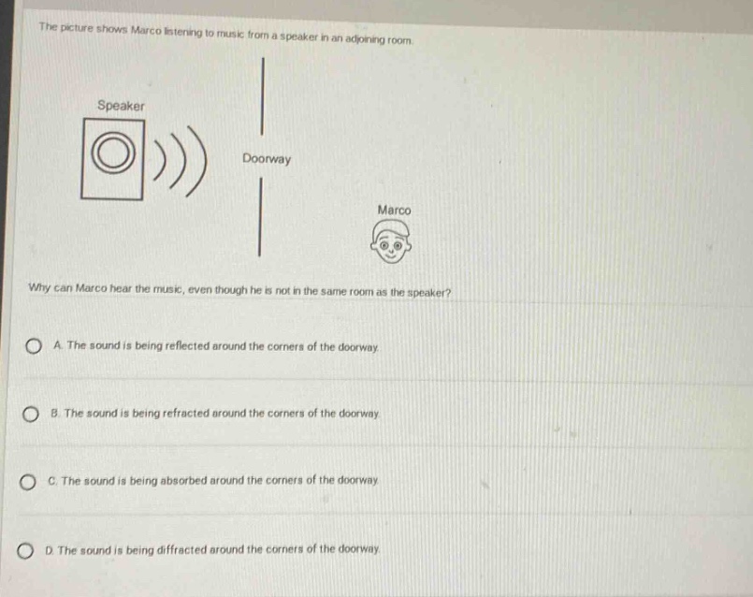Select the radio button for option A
[x=33, y=346]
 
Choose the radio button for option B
[x=31, y=414]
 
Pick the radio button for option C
[x=28, y=482]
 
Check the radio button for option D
[x=25, y=551]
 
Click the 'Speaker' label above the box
[x=121, y=106]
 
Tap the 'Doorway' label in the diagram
[x=267, y=159]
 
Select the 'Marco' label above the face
[x=394, y=211]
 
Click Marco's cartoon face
[x=391, y=241]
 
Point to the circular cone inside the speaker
[x=113, y=153]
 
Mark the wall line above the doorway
[x=263, y=96]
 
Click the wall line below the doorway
[x=260, y=216]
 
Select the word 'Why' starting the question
[x=39, y=287]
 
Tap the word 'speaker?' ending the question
[x=428, y=293]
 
